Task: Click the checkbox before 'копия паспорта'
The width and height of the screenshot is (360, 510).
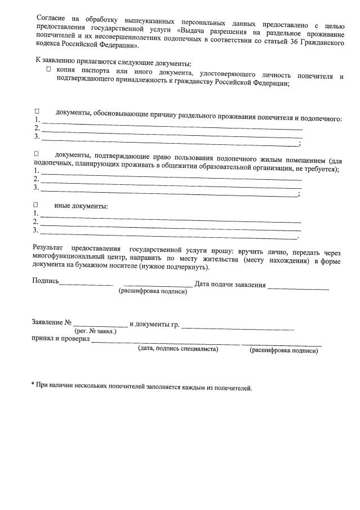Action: [49, 69]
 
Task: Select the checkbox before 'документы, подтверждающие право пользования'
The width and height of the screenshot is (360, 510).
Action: [37, 154]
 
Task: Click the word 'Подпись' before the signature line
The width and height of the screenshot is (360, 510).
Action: [46, 281]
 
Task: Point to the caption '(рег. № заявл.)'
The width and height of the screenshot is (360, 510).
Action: [95, 331]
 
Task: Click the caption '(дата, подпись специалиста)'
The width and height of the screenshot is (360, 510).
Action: [178, 349]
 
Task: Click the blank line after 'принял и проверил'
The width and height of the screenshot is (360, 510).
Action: [166, 343]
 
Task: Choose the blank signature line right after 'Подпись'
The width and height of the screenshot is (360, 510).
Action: [86, 284]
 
